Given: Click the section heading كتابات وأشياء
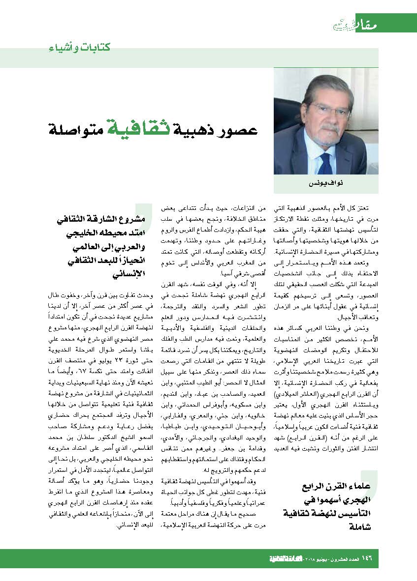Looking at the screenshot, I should pos(79,48).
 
